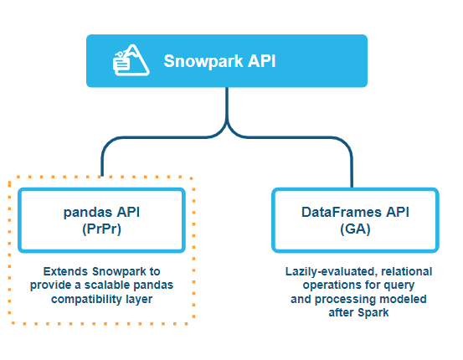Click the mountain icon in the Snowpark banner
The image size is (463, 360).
tap(131, 60)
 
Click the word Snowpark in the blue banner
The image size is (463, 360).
tap(203, 61)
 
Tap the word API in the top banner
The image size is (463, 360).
tap(261, 61)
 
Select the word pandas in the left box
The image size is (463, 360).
tap(88, 213)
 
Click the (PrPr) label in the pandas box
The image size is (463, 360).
tap(101, 229)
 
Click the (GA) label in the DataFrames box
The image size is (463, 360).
tap(355, 229)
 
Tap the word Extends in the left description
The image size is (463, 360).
tap(65, 271)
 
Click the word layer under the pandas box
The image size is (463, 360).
tap(139, 300)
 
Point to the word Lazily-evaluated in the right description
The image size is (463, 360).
tap(331, 271)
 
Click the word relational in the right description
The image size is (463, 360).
tap(407, 271)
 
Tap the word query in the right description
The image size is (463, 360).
tap(401, 285)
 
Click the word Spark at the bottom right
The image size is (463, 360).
tap(373, 313)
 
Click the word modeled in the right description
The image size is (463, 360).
tap(403, 299)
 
